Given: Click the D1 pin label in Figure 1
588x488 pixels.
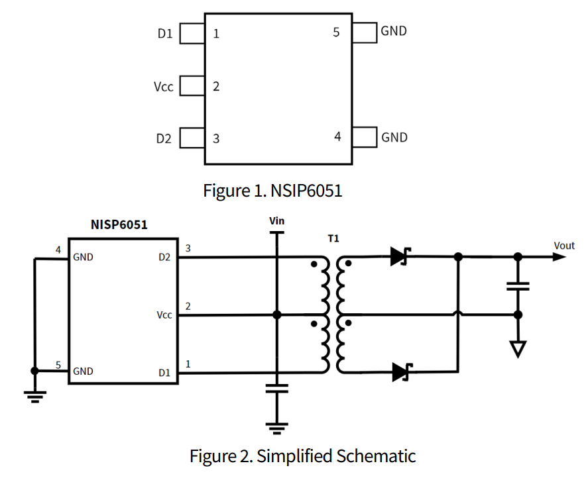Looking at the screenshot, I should point(164,33).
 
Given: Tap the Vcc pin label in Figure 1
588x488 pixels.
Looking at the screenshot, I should point(163,86).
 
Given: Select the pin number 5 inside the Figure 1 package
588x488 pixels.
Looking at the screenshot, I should point(336,32).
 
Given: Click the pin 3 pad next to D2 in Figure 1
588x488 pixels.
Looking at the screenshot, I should point(192,138).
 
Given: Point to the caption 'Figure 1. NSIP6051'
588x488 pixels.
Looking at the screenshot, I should point(272,191).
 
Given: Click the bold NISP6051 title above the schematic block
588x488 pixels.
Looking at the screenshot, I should point(119,224).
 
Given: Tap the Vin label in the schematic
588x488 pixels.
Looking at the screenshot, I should point(277,220).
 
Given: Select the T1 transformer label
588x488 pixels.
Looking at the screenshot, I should point(333,238).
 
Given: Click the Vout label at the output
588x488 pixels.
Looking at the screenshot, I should point(564,246).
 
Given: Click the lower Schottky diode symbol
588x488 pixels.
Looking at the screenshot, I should point(400,372).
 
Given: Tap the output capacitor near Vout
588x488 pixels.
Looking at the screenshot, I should point(518,286).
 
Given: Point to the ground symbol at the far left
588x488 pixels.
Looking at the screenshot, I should point(34,395).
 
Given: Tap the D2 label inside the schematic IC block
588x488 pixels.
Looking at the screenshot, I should point(164,258).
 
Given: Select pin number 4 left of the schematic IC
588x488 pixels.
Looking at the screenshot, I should point(58,250).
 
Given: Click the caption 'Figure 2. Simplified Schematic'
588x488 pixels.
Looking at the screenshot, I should point(302,456).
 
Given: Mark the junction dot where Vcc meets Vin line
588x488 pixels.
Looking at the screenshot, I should point(277,315).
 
